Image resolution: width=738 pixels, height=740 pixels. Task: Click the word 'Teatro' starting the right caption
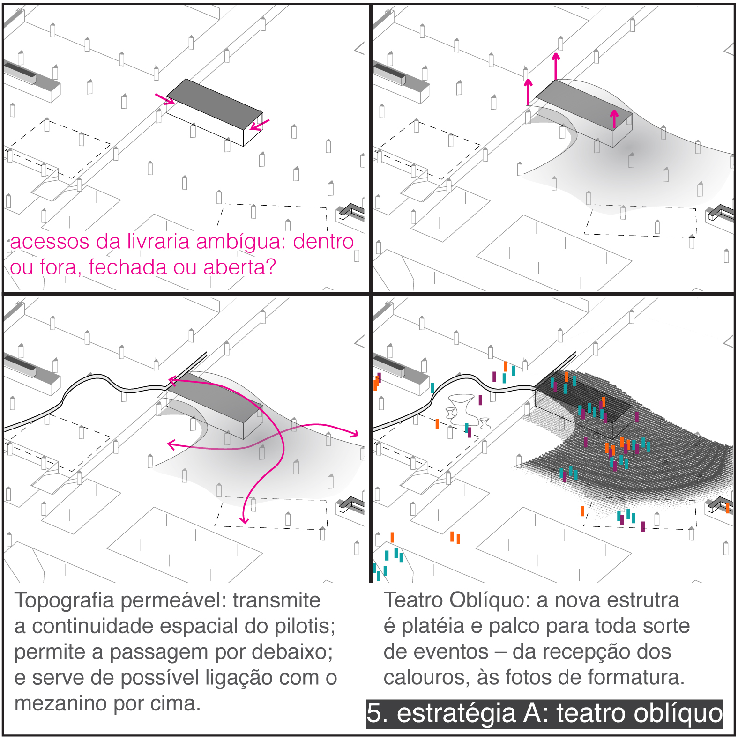(x=414, y=600)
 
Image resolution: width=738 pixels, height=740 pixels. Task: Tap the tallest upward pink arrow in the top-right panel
(x=556, y=66)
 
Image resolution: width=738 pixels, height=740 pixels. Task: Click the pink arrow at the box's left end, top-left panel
(x=164, y=99)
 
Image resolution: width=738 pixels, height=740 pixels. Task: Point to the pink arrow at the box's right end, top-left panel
(x=260, y=125)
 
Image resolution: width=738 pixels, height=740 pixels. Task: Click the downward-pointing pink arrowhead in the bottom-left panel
(x=244, y=519)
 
